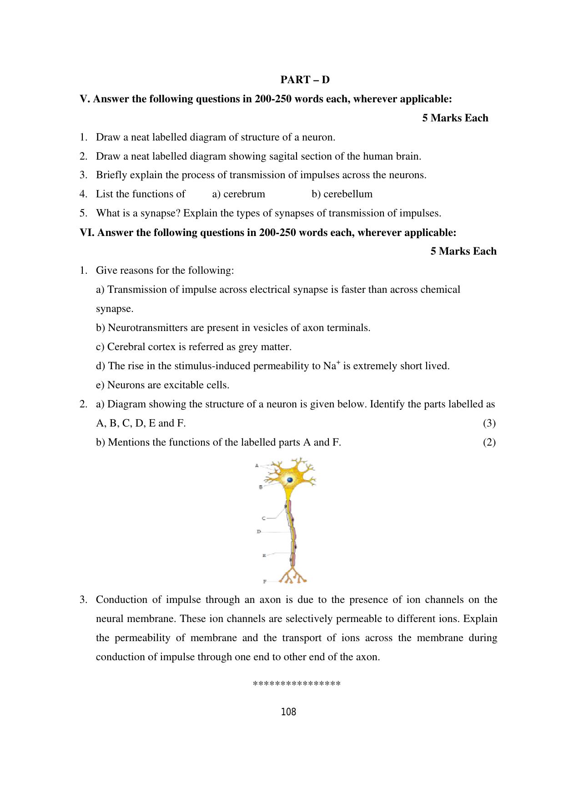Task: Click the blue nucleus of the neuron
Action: (289, 480)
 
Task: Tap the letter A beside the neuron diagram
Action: (257, 465)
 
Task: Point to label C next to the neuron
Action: (263, 518)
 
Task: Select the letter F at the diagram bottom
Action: (264, 582)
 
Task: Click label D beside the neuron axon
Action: (259, 531)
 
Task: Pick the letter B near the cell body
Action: (260, 487)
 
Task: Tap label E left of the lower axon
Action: (264, 555)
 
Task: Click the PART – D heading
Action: (305, 80)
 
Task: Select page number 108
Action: (288, 712)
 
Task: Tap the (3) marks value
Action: (489, 423)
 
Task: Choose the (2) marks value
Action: (489, 442)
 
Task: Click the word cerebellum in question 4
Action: (348, 194)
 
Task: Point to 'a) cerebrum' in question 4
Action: (238, 194)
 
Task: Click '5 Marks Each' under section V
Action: (455, 118)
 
